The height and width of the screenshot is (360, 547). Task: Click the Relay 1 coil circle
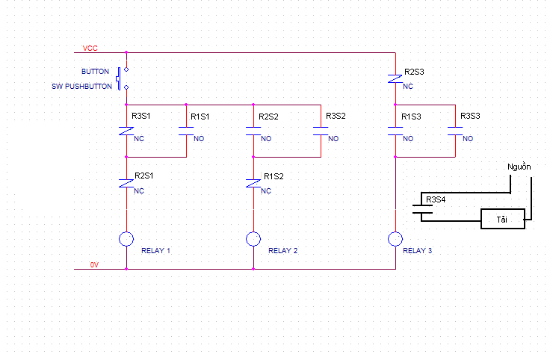tap(126, 232)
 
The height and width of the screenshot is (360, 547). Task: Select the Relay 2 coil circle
tap(253, 232)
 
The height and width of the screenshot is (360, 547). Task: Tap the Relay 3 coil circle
tap(395, 232)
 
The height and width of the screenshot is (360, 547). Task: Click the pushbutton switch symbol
tap(119, 78)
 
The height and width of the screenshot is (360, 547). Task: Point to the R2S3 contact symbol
tap(395, 79)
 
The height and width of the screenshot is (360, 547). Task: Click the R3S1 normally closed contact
tap(126, 131)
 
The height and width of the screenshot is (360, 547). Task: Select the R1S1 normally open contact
tap(186, 131)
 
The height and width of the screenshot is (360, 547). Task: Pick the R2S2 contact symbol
tap(253, 131)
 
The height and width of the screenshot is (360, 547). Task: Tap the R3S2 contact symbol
tap(321, 131)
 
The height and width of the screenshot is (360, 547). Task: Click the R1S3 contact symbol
tap(395, 131)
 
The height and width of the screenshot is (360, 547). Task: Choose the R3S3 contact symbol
tap(455, 131)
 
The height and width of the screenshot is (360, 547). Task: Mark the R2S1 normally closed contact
tap(126, 184)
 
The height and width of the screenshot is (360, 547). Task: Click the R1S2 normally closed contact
tap(253, 184)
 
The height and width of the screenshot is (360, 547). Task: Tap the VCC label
tap(90, 48)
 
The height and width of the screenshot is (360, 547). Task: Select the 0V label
tap(94, 264)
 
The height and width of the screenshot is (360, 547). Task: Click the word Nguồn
tap(519, 167)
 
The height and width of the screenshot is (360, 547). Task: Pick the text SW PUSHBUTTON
tap(81, 86)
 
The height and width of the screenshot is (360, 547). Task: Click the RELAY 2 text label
tap(283, 250)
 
